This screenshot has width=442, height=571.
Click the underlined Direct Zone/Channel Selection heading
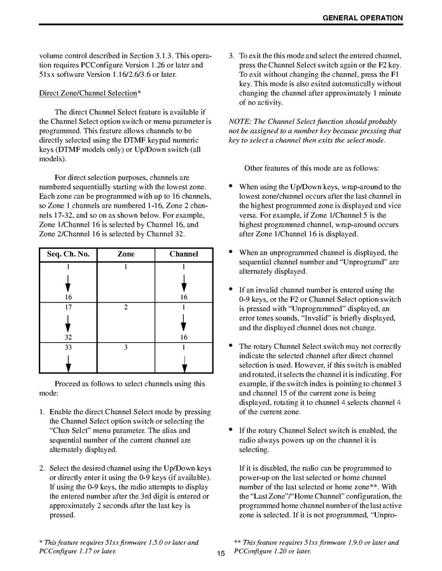[x=88, y=93]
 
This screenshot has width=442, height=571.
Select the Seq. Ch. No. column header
[x=68, y=254]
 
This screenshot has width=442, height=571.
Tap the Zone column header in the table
[x=126, y=254]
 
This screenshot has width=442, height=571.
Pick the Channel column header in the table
[x=183, y=254]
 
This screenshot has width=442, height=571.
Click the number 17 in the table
[x=68, y=307]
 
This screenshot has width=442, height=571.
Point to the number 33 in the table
[x=68, y=347]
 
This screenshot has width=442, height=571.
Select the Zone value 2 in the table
[x=126, y=307]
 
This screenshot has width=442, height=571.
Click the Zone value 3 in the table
[x=126, y=347]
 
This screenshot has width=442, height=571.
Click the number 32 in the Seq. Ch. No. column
[x=68, y=337]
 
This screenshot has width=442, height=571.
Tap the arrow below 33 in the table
[x=68, y=363]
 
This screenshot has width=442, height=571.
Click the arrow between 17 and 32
[x=68, y=323]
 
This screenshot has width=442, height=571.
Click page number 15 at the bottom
[x=221, y=554]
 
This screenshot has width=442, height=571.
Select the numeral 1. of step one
[x=42, y=412]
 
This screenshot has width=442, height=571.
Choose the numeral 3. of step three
[x=232, y=55]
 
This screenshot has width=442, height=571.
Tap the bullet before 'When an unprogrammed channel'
[x=230, y=252]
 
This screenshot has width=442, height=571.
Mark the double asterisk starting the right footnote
[x=237, y=542]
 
